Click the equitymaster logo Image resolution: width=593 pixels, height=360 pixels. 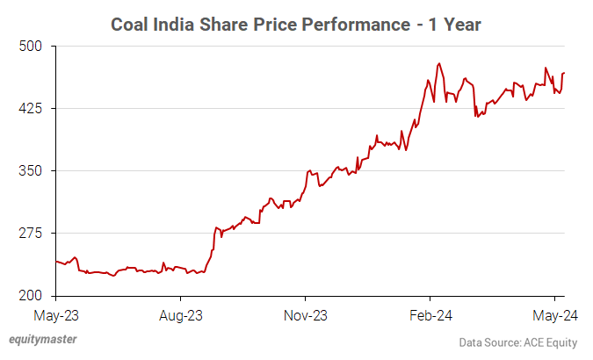(41, 339)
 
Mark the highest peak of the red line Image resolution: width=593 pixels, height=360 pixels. (438, 63)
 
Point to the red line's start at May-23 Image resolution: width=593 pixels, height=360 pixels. (55, 261)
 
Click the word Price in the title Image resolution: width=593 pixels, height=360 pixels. (279, 24)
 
